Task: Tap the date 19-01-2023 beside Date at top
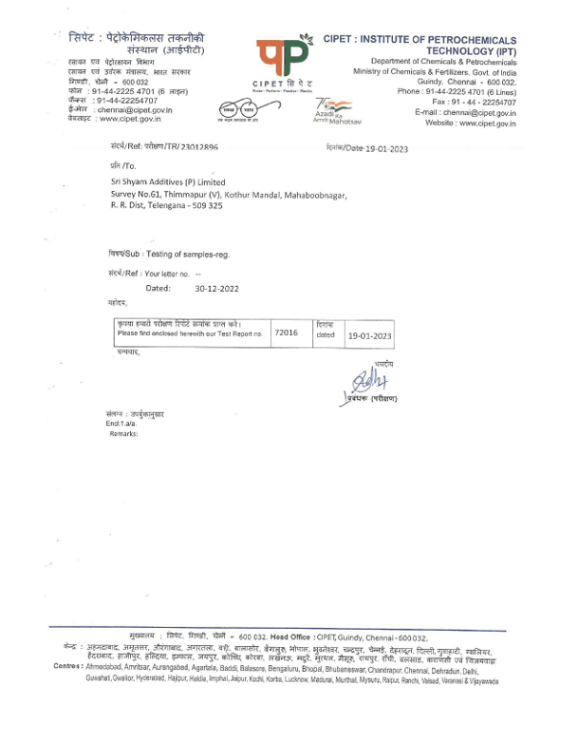pos(384,148)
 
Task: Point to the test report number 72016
pos(286,333)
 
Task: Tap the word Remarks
pos(123,432)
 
